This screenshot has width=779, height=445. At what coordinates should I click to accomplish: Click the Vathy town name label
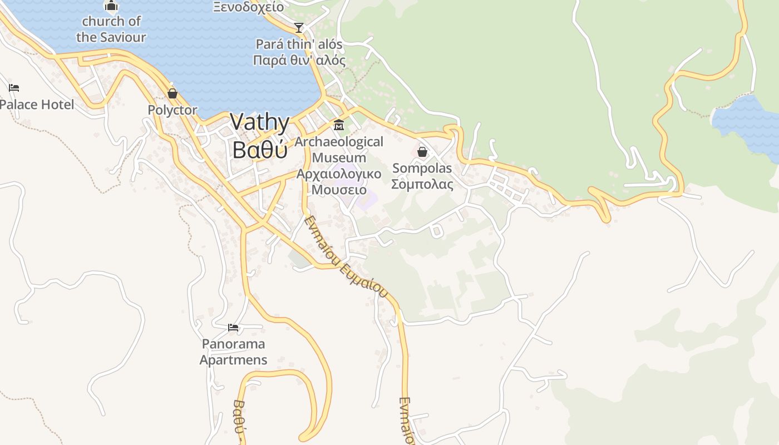260,122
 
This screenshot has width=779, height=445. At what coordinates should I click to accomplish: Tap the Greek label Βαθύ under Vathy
260,150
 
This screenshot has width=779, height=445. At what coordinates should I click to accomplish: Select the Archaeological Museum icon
338,125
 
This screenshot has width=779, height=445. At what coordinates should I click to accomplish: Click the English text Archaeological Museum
339,150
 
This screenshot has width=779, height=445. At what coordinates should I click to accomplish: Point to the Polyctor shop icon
172,93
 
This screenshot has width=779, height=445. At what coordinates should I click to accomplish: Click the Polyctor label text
172,110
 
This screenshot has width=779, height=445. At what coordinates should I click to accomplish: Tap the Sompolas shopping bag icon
422,151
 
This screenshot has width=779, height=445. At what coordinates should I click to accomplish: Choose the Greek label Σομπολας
422,184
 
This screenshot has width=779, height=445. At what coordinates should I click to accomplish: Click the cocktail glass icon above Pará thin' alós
299,27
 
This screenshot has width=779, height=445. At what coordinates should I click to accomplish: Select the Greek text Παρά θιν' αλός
299,60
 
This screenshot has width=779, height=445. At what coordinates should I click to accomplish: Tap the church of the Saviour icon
111,6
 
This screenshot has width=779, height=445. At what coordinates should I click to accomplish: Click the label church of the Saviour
111,29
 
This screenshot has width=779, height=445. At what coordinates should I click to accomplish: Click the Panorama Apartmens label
233,352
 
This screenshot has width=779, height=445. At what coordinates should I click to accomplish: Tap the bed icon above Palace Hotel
14,88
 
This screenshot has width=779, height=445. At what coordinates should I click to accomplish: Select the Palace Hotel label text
37,105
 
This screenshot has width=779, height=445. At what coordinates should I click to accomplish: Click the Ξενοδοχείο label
248,7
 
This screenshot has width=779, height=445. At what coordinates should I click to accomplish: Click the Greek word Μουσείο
339,190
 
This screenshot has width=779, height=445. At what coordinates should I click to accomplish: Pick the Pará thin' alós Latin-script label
299,44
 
